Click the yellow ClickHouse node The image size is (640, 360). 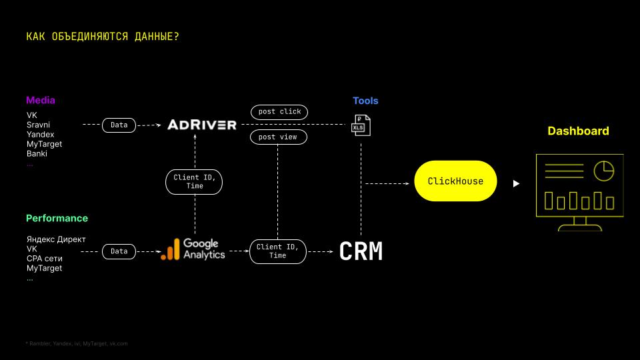click(x=455, y=181)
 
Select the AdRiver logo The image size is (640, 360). click(x=202, y=125)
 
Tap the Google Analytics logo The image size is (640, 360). click(x=193, y=249)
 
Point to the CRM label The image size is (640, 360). click(x=361, y=251)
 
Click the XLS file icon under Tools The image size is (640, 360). click(x=361, y=125)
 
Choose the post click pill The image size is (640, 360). click(x=279, y=111)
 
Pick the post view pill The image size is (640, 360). click(x=279, y=137)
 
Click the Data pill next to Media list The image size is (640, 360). click(x=119, y=125)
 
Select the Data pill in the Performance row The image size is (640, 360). click(x=119, y=251)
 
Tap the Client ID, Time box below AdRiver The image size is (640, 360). click(x=195, y=182)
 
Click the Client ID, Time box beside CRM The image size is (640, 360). click(x=278, y=251)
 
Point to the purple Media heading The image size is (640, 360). click(x=41, y=100)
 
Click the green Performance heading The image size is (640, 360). click(x=57, y=218)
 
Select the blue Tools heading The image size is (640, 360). click(x=365, y=101)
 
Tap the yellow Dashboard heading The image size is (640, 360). click(x=578, y=131)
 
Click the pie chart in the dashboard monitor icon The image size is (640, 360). click(x=603, y=171)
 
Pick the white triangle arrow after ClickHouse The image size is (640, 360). click(x=516, y=183)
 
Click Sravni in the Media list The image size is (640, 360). click(x=38, y=125)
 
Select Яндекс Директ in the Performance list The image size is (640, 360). click(x=56, y=239)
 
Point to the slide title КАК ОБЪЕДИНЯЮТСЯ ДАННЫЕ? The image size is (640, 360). click(x=103, y=36)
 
